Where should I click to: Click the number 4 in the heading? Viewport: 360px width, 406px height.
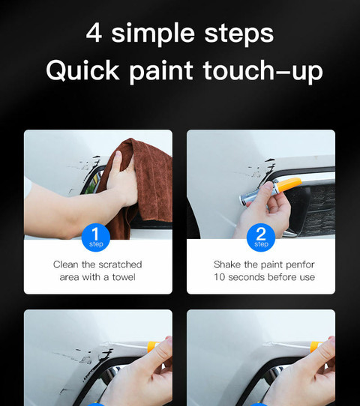click(x=94, y=33)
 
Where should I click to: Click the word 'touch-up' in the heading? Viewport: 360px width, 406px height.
click(x=262, y=72)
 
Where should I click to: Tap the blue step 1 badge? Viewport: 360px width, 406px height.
click(x=96, y=237)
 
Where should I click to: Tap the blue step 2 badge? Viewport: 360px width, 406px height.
click(x=260, y=237)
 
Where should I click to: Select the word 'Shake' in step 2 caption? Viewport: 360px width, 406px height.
click(x=227, y=264)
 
